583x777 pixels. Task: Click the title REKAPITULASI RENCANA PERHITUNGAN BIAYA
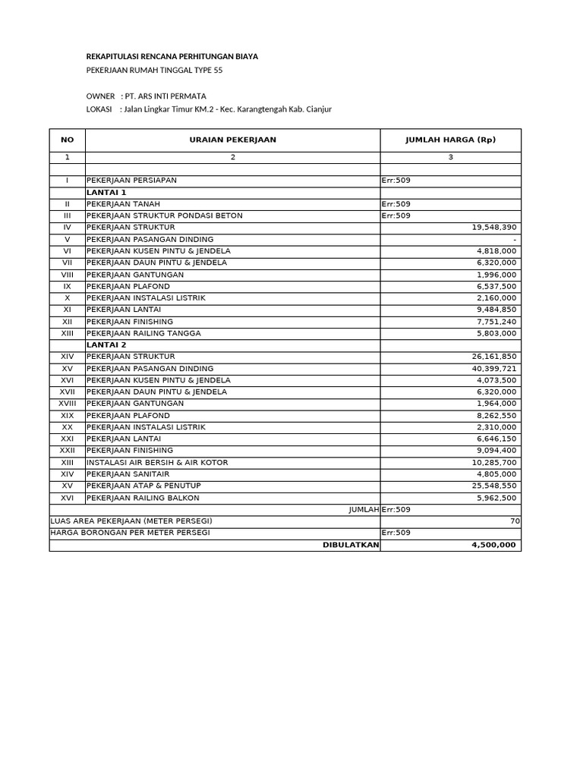(x=172, y=56)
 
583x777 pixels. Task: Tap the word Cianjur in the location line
(x=318, y=109)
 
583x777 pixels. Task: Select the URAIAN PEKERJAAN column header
(x=232, y=140)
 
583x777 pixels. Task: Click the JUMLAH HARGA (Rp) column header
(x=450, y=140)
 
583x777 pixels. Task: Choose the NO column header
(x=68, y=140)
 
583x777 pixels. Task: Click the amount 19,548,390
(x=494, y=228)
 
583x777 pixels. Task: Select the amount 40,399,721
(x=494, y=369)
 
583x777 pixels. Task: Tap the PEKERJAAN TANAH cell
(x=124, y=204)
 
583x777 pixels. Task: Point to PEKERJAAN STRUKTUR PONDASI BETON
(x=165, y=215)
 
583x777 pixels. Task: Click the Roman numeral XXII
(x=68, y=451)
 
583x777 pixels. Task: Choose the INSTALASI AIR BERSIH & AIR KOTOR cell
(x=157, y=462)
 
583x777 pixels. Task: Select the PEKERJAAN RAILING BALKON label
(x=143, y=498)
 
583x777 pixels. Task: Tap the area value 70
(x=515, y=521)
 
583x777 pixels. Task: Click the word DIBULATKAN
(x=351, y=545)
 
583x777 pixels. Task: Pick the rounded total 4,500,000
(x=493, y=545)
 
